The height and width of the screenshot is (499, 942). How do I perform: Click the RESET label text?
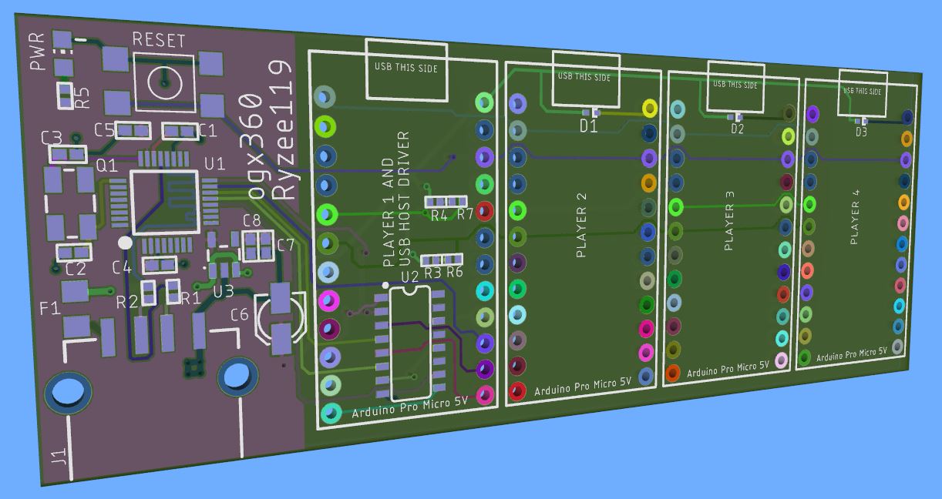coord(159,40)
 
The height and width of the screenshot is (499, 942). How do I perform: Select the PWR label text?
coord(38,52)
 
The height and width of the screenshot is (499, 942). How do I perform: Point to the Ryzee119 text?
coord(283,129)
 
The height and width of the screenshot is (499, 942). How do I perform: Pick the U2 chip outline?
coord(410,343)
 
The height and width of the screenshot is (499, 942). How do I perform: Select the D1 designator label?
coord(588,126)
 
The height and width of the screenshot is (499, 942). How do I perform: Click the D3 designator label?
coord(861,132)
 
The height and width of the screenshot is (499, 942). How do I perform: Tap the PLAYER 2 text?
coord(580,225)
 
